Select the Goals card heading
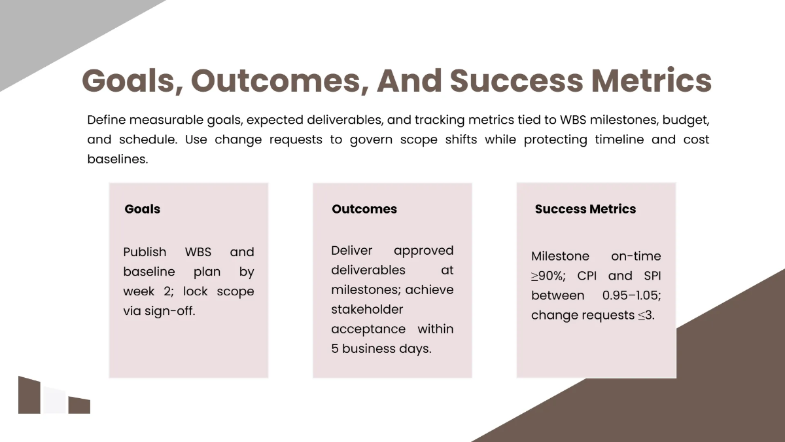(x=142, y=210)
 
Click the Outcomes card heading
(x=364, y=210)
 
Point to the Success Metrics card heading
(x=585, y=210)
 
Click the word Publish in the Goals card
(x=145, y=252)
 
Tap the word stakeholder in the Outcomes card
(x=367, y=309)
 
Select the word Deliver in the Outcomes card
(x=351, y=250)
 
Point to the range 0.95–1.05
(x=631, y=296)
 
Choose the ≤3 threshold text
(x=646, y=316)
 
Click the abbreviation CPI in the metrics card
(x=587, y=276)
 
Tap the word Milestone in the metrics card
(x=560, y=257)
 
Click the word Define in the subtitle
(x=106, y=120)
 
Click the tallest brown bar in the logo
(x=29, y=396)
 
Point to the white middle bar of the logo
(x=55, y=401)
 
